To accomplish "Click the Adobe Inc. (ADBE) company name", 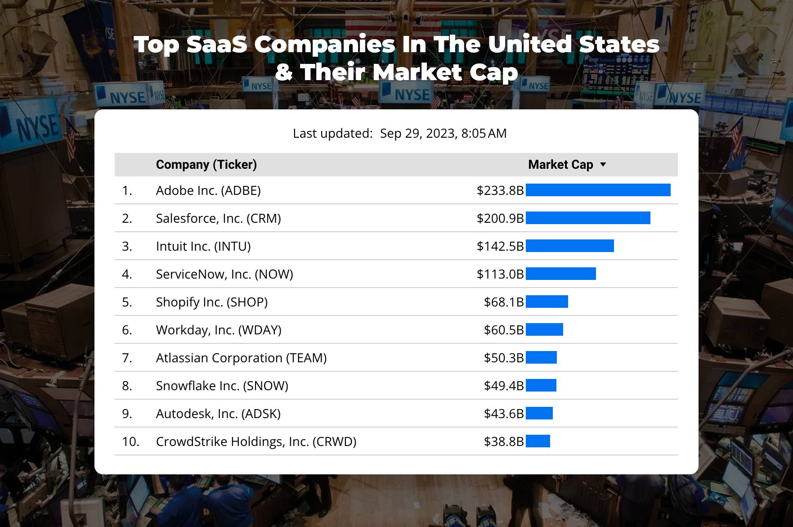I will click(208, 190).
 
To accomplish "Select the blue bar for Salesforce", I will click(587, 218).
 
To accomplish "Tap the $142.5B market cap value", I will click(500, 246).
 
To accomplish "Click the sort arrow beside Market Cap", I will click(603, 165).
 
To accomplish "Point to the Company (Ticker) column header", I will click(206, 165).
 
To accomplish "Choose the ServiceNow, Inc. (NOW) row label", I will click(224, 274).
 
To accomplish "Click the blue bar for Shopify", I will click(547, 302).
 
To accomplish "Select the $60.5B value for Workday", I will click(503, 330).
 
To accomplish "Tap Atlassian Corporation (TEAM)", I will click(241, 358).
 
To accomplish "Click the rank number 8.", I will click(127, 386).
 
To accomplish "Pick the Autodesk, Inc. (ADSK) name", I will click(218, 414).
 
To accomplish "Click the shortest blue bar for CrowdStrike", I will click(538, 441).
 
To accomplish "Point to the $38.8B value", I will click(503, 441).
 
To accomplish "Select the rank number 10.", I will click(130, 441).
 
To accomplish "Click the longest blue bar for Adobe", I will click(598, 190).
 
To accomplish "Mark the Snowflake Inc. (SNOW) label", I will click(222, 386).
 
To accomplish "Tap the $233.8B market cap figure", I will click(500, 190).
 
